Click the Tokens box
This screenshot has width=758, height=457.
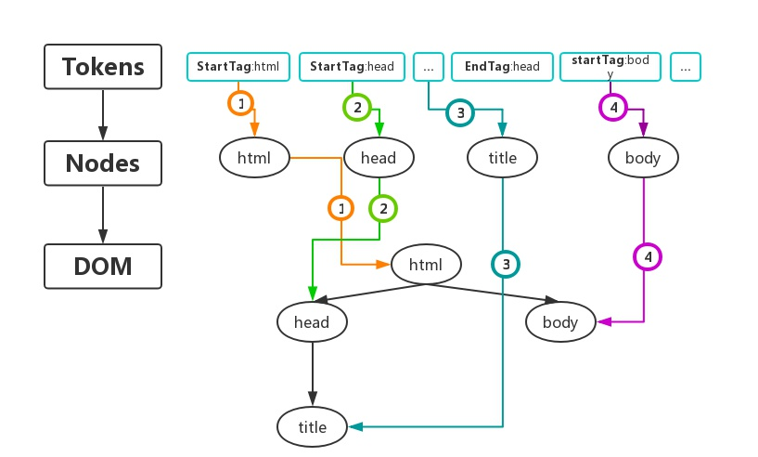click(103, 67)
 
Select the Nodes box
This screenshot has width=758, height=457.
click(103, 163)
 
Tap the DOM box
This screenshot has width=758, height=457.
click(103, 267)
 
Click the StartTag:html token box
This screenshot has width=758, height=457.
click(238, 67)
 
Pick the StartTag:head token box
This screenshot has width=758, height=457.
click(352, 67)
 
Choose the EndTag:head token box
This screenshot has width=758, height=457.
click(502, 67)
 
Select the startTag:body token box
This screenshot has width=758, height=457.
click(610, 67)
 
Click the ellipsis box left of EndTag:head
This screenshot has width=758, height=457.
click(429, 67)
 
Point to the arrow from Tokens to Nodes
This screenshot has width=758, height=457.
click(103, 115)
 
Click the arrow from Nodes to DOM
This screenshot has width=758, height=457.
click(103, 215)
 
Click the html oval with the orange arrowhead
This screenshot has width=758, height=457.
click(426, 265)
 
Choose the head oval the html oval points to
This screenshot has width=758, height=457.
click(312, 322)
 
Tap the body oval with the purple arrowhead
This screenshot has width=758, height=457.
click(560, 322)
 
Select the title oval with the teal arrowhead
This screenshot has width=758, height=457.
click(313, 427)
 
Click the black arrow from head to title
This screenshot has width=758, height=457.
click(313, 373)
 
